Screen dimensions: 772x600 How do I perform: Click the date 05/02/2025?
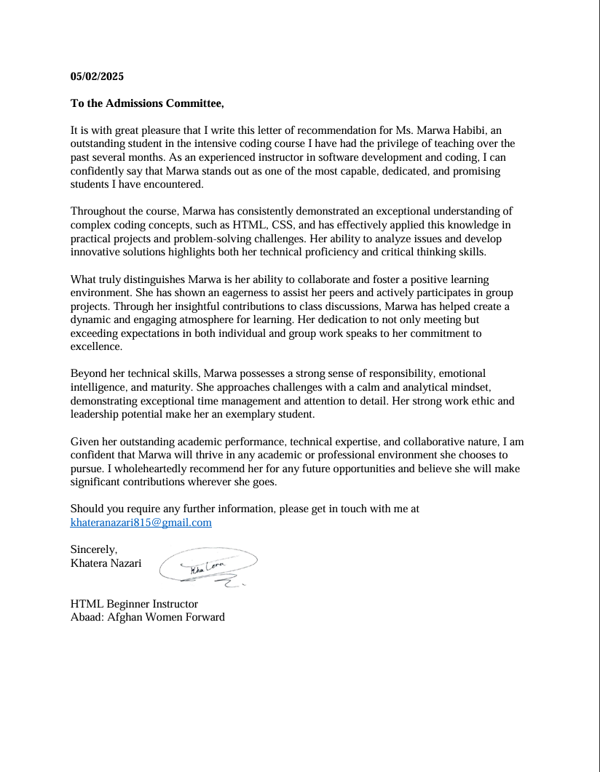[x=97, y=76]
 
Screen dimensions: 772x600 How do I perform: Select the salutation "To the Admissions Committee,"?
[x=147, y=103]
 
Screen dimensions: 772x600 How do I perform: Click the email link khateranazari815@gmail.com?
[x=141, y=522]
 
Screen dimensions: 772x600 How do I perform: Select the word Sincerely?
[x=94, y=549]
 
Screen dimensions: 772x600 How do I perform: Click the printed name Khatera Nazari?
[x=106, y=563]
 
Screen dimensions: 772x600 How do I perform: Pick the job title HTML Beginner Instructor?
[x=134, y=604]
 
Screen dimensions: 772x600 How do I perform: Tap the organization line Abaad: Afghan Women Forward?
[x=147, y=617]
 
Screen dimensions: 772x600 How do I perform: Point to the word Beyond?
[x=88, y=374]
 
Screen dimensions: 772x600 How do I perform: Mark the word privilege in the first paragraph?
[x=395, y=144]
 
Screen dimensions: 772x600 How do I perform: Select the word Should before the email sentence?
[x=87, y=509]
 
